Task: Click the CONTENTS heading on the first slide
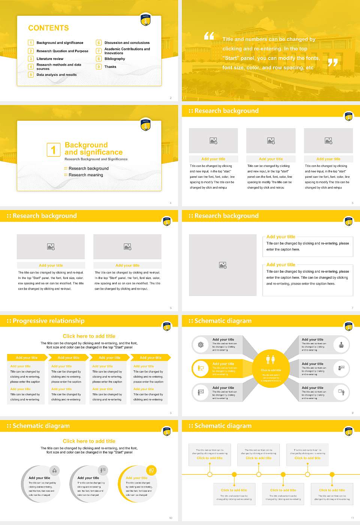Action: [48, 28]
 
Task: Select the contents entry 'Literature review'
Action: [50, 59]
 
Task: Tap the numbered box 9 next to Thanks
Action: [99, 67]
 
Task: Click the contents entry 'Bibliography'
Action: [115, 59]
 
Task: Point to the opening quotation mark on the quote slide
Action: [209, 36]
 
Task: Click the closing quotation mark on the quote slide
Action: [333, 63]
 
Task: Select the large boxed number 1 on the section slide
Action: [53, 150]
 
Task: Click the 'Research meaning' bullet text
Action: [85, 175]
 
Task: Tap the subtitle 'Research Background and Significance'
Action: [96, 159]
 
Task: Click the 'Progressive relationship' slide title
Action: [48, 321]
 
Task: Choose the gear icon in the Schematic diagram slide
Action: [201, 345]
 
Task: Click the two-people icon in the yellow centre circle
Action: [271, 360]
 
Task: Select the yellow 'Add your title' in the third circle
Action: [136, 478]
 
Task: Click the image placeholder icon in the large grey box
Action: [223, 265]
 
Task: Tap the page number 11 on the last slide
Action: [352, 518]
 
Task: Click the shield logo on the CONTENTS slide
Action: [145, 20]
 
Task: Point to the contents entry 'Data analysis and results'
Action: [57, 75]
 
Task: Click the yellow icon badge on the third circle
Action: [151, 470]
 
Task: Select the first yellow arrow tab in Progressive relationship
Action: [27, 358]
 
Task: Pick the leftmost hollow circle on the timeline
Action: [210, 474]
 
